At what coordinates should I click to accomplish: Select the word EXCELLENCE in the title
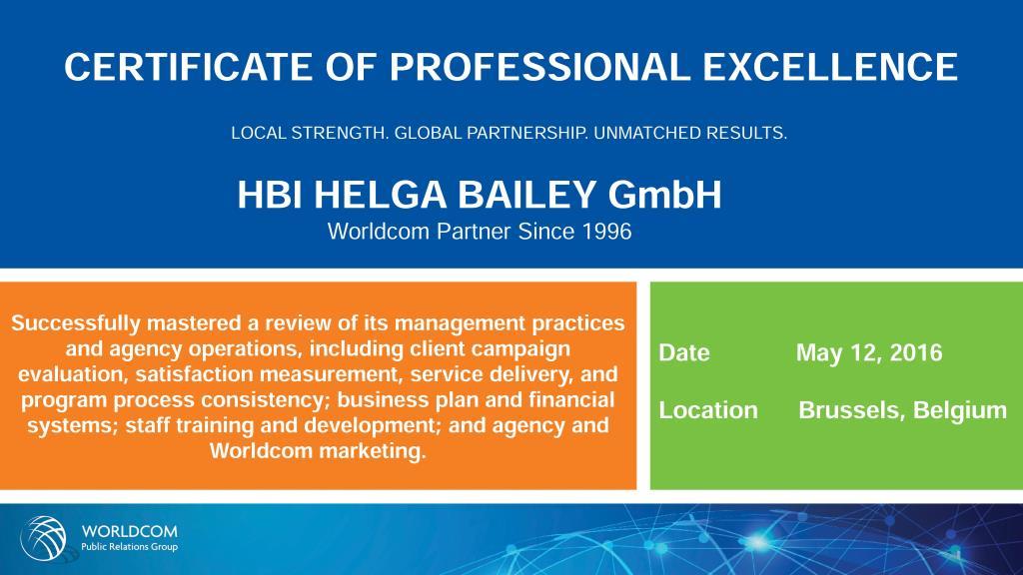pyautogui.click(x=830, y=67)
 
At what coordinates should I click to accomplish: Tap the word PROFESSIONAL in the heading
pyautogui.click(x=538, y=67)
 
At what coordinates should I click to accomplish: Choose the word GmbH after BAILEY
pyautogui.click(x=664, y=195)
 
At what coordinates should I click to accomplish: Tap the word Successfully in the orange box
pyautogui.click(x=76, y=323)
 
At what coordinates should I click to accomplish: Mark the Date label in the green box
pyautogui.click(x=684, y=352)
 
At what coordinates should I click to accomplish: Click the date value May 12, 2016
pyautogui.click(x=869, y=352)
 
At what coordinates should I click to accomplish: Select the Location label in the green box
pyautogui.click(x=708, y=410)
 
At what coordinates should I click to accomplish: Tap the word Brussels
pyautogui.click(x=851, y=410)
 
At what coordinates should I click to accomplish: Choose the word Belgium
pyautogui.click(x=960, y=410)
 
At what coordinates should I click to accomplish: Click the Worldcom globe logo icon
pyautogui.click(x=44, y=538)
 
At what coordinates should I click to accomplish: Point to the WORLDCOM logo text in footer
pyautogui.click(x=129, y=531)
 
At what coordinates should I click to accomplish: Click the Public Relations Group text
pyautogui.click(x=129, y=547)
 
